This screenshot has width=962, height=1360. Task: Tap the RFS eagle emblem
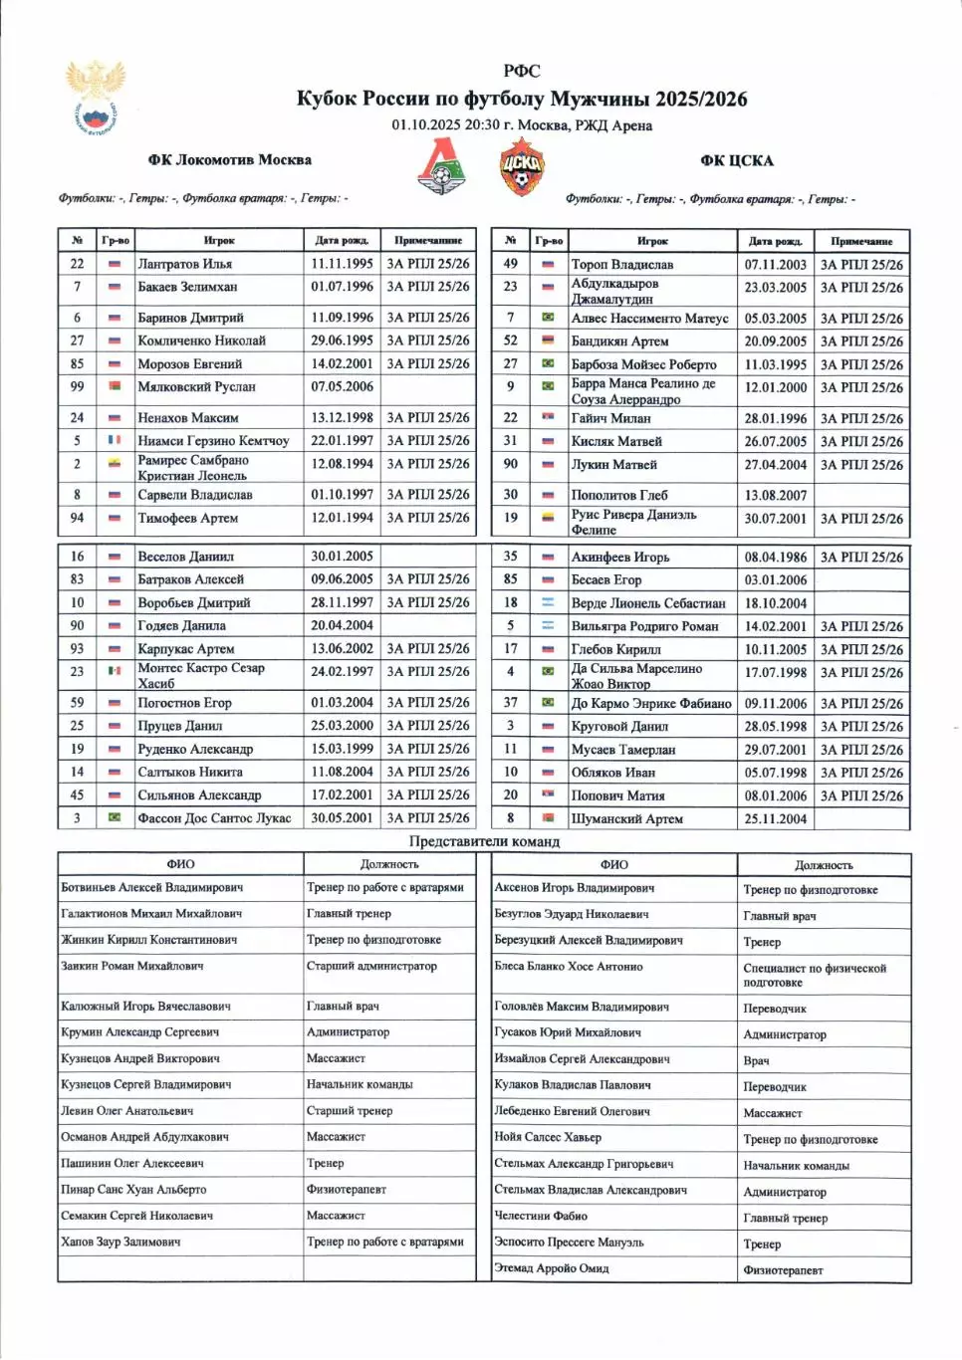click(96, 96)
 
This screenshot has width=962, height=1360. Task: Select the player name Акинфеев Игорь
click(619, 558)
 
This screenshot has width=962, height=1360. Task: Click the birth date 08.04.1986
click(775, 558)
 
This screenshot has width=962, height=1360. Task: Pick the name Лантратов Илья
click(184, 264)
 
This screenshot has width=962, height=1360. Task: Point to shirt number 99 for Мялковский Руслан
click(77, 386)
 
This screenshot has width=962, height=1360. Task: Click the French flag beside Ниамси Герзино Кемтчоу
click(115, 440)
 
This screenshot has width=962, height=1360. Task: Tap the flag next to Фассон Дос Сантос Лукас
click(115, 817)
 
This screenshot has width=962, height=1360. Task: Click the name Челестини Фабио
click(541, 1216)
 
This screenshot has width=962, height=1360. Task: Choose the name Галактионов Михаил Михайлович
click(151, 913)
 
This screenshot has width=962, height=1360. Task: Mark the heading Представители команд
click(484, 841)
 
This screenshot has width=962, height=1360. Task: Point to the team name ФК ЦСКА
click(736, 160)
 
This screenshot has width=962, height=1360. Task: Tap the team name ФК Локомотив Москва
click(229, 159)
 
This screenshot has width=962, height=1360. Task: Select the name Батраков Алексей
click(190, 579)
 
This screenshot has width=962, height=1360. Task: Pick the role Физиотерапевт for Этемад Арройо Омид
click(783, 1269)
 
